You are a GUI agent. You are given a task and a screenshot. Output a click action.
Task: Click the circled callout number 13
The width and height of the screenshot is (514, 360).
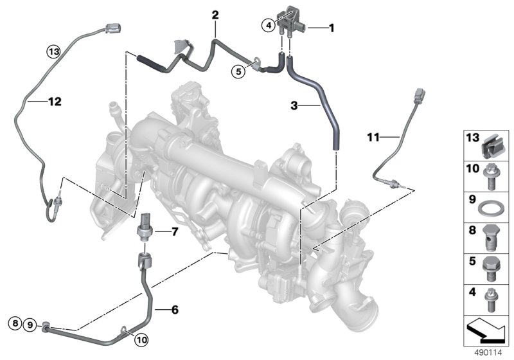[x=54, y=51]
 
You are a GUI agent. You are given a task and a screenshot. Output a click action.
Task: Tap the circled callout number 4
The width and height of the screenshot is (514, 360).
[x=269, y=25]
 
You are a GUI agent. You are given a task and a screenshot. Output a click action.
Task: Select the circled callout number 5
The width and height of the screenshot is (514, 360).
[x=238, y=71]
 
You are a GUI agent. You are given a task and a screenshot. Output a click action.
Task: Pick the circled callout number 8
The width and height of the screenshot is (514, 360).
[x=15, y=323]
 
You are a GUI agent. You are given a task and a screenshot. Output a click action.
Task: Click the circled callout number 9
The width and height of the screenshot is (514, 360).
[x=30, y=325]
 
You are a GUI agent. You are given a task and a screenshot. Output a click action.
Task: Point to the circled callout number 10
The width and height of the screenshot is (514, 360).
[x=141, y=340]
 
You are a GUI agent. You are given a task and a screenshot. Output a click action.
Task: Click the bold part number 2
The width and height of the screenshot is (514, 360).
[x=215, y=15]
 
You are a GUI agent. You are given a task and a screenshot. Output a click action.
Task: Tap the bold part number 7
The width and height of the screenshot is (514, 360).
[x=175, y=232]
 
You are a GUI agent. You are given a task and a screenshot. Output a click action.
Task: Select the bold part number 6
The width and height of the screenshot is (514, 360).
[x=175, y=309]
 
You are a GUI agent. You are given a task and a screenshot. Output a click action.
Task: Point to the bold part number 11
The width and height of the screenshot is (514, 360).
[x=373, y=137]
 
